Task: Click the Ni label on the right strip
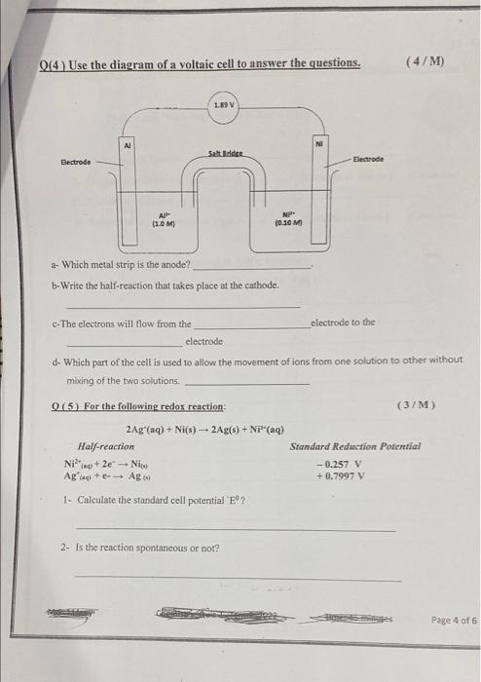pos(318,142)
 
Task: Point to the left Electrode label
pos(75,163)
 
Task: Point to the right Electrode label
pos(368,158)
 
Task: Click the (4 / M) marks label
pos(424,61)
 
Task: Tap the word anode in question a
pos(174,264)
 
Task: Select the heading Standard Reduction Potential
pos(354,446)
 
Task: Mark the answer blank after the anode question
pos(253,265)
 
